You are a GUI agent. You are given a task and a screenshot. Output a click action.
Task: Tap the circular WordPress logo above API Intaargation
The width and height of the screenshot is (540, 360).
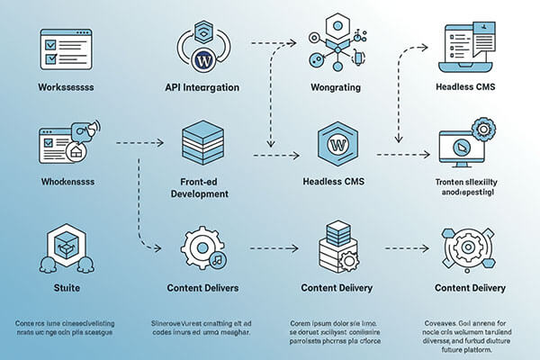[x=202, y=60]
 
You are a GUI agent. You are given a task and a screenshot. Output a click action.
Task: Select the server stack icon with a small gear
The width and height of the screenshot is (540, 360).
[x=337, y=245]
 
